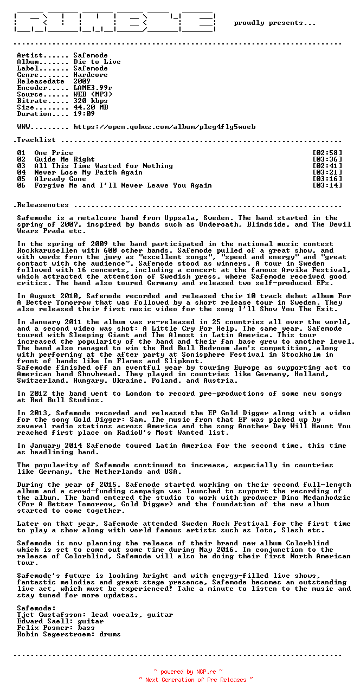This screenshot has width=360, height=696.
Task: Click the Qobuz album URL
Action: [x=164, y=127]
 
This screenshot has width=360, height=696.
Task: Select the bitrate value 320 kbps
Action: [x=91, y=101]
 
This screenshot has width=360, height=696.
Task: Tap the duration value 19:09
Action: [x=84, y=114]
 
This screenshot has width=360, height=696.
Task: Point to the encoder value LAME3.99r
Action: [x=93, y=88]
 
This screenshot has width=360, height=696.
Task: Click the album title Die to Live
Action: [x=97, y=62]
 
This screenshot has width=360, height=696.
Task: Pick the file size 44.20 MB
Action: [x=91, y=107]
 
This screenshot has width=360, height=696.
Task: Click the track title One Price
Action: [x=54, y=153]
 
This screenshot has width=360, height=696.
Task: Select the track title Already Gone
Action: [x=60, y=179]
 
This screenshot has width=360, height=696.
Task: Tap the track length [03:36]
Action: [x=327, y=159]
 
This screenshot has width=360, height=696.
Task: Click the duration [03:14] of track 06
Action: [x=327, y=185]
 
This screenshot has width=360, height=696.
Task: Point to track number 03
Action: [x=21, y=166]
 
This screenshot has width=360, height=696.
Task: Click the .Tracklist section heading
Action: [x=34, y=140]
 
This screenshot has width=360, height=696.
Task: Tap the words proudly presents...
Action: [x=274, y=23]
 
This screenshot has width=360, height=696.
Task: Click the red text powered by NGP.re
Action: [x=188, y=672]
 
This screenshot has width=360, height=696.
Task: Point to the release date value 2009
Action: [x=82, y=81]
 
